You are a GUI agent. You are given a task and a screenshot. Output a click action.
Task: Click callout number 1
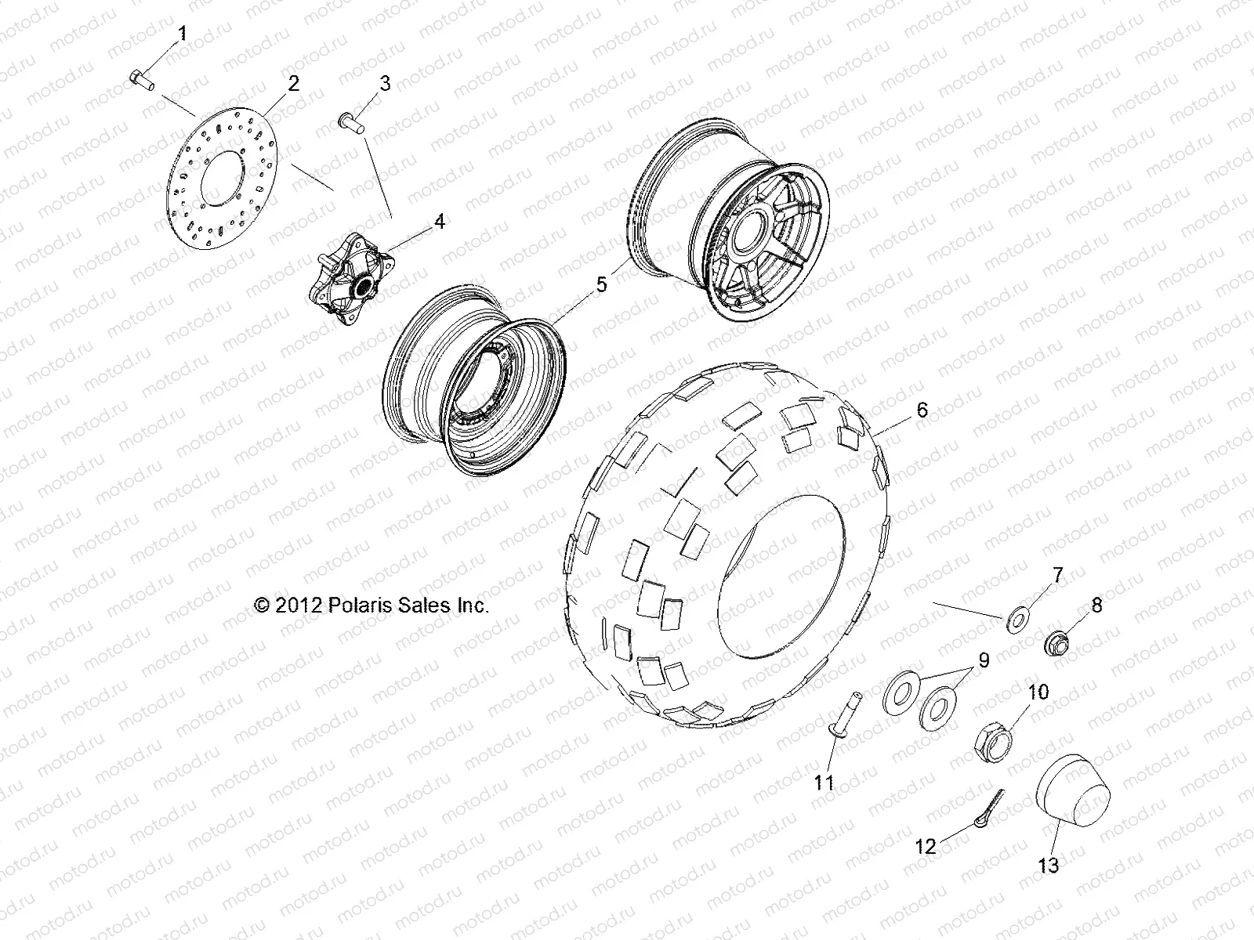coord(183,34)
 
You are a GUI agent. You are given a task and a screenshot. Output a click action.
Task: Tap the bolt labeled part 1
coord(141,79)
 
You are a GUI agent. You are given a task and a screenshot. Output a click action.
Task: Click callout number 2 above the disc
coord(292,84)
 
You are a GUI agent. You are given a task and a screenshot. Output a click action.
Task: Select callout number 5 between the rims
coord(601,284)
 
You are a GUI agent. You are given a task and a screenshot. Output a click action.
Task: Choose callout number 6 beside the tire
coord(922,410)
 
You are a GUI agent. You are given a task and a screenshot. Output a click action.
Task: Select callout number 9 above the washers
coord(983,660)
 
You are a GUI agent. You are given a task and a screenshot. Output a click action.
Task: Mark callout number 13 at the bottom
coord(1049,865)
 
